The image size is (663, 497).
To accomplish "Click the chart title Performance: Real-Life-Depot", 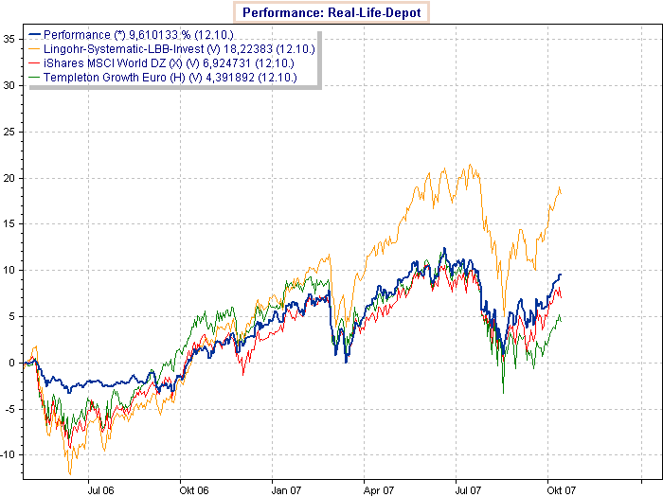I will tap(331, 12).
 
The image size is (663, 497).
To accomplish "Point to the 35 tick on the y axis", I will tap(8, 39).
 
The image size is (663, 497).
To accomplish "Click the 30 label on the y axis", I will tap(8, 85).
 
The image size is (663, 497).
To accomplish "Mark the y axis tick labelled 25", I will tap(8, 132).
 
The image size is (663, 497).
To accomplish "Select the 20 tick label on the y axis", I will tap(8, 178).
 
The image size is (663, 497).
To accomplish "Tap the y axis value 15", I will tap(8, 224).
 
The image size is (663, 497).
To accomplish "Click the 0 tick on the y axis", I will tap(10, 364).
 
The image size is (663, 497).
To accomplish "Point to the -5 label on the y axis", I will tap(9, 409).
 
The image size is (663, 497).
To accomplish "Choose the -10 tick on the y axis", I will tap(7, 455).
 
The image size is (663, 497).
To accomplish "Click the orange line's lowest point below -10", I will tap(69, 473).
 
